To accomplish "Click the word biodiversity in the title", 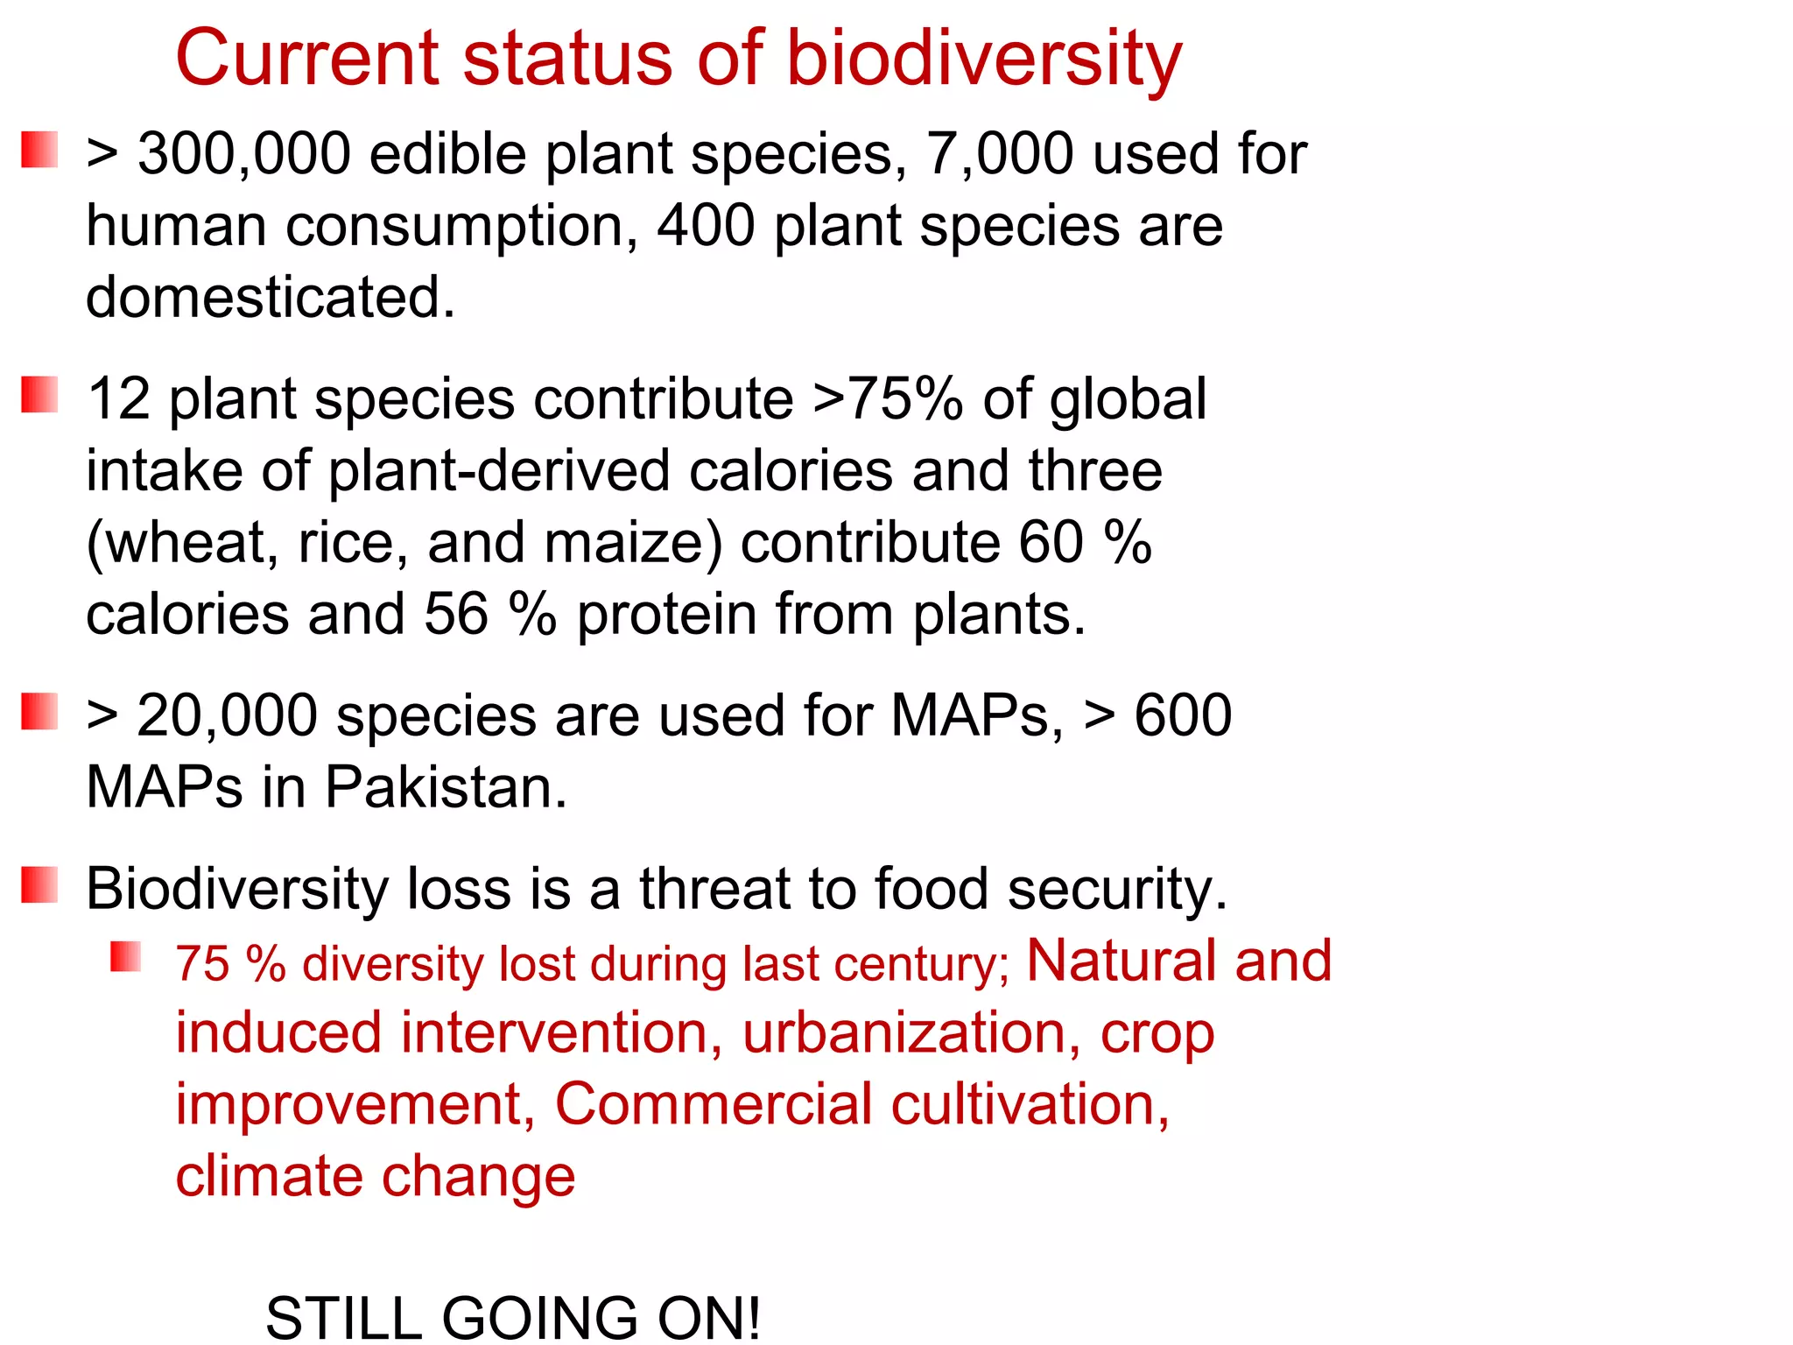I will [984, 60].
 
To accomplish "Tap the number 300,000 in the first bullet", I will [244, 155].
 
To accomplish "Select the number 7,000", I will [1000, 155].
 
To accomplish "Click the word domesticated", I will [270, 298].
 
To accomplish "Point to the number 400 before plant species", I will [706, 226].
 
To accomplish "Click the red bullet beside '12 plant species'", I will [39, 395].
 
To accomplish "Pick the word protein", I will [666, 615].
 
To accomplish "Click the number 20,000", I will [227, 716].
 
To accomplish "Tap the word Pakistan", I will [446, 787].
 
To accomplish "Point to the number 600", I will [1183, 716].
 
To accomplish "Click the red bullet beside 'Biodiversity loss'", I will [39, 885].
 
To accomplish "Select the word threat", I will [714, 890].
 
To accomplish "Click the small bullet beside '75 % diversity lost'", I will [125, 957].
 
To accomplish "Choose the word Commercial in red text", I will [714, 1104].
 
